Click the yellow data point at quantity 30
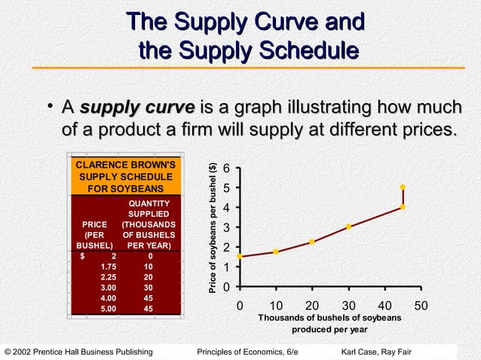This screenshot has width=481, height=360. pos(348,227)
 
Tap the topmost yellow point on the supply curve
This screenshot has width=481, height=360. pos(403,187)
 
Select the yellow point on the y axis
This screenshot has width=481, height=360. pos(240,256)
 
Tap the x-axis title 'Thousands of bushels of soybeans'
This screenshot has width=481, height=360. pos(329,318)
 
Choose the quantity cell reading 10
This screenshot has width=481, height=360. pos(149,267)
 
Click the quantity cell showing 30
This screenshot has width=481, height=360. pos(149,287)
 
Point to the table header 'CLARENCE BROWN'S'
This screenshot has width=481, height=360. pos(125,164)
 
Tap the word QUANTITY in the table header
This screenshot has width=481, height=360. pos(149,203)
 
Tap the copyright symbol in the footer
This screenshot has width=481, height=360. pos(8,352)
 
